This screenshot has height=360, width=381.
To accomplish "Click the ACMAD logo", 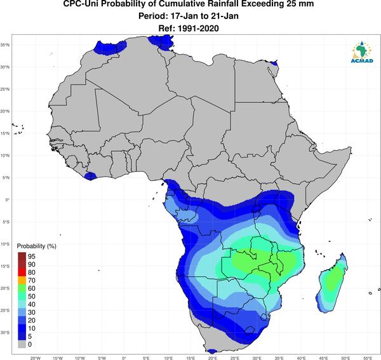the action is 362,52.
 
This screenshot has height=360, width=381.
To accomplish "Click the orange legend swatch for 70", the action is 22,281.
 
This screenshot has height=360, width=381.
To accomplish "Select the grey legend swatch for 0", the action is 22,345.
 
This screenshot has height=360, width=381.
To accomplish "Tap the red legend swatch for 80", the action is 22,272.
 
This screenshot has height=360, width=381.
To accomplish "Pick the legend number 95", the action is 32,257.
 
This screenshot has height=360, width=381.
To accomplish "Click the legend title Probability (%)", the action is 36,246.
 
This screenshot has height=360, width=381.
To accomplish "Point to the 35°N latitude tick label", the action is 5,45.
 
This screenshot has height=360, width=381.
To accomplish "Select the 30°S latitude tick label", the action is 5,332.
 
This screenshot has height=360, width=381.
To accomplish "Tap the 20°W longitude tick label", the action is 36,358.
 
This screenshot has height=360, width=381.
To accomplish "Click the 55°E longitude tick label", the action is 368,358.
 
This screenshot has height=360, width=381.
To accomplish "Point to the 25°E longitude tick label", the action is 234,358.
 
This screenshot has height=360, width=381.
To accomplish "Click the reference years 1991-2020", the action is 198,29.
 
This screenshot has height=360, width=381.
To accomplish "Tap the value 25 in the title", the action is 288,4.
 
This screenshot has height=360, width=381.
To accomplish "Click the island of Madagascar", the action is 332,283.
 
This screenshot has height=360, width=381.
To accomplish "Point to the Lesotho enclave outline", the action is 249,330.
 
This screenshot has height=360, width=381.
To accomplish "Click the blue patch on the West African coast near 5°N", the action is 90,176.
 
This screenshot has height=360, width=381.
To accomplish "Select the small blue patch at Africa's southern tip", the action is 212,351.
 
